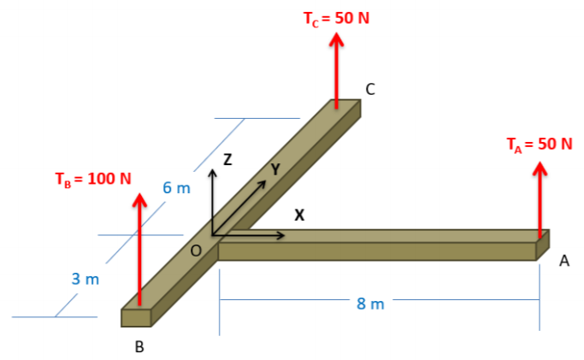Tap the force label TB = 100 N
tap(93, 179)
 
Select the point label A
tap(563, 263)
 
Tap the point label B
tap(139, 347)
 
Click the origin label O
tap(196, 251)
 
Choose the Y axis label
tap(274, 170)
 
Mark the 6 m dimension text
tap(177, 187)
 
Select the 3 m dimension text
tap(86, 279)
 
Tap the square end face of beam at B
tap(136, 317)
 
